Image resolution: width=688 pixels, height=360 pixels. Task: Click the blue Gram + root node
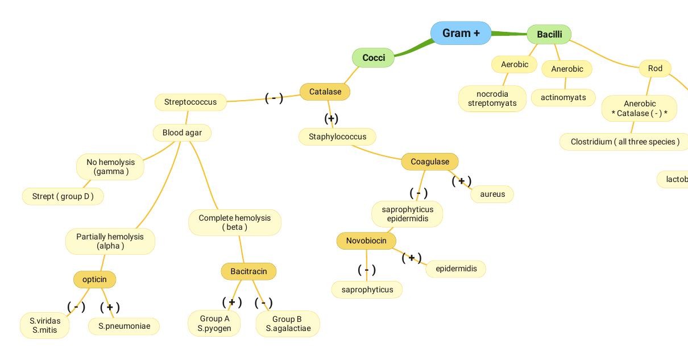[x=461, y=33]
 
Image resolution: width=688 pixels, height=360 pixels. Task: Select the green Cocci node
[x=373, y=57]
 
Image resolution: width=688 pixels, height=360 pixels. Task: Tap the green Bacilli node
[x=549, y=34]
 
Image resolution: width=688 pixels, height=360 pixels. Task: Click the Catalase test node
[x=325, y=92]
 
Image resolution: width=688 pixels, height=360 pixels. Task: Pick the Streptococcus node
[x=190, y=102]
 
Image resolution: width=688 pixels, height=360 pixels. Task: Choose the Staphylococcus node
[x=337, y=136]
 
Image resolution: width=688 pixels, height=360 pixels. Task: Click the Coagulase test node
[x=429, y=162]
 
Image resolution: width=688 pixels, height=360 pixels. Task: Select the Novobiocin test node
[x=366, y=241]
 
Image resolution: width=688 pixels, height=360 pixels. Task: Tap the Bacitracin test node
[x=248, y=271]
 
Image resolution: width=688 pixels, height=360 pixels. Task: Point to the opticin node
[x=94, y=279]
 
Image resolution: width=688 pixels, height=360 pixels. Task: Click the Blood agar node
[x=181, y=133]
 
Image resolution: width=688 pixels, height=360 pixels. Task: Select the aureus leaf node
[x=492, y=194]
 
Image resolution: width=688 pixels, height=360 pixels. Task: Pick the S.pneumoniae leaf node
[x=124, y=326]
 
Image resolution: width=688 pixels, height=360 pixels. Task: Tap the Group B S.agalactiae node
[x=288, y=324]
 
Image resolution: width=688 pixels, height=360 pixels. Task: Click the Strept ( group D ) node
[x=63, y=196]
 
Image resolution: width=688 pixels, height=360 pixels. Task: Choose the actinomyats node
[x=563, y=97]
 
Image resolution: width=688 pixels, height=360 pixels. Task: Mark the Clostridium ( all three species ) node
[x=624, y=142]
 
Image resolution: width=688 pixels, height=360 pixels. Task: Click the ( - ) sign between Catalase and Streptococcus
[x=274, y=98]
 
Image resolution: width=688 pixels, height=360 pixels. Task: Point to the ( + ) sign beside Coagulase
[x=461, y=181]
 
